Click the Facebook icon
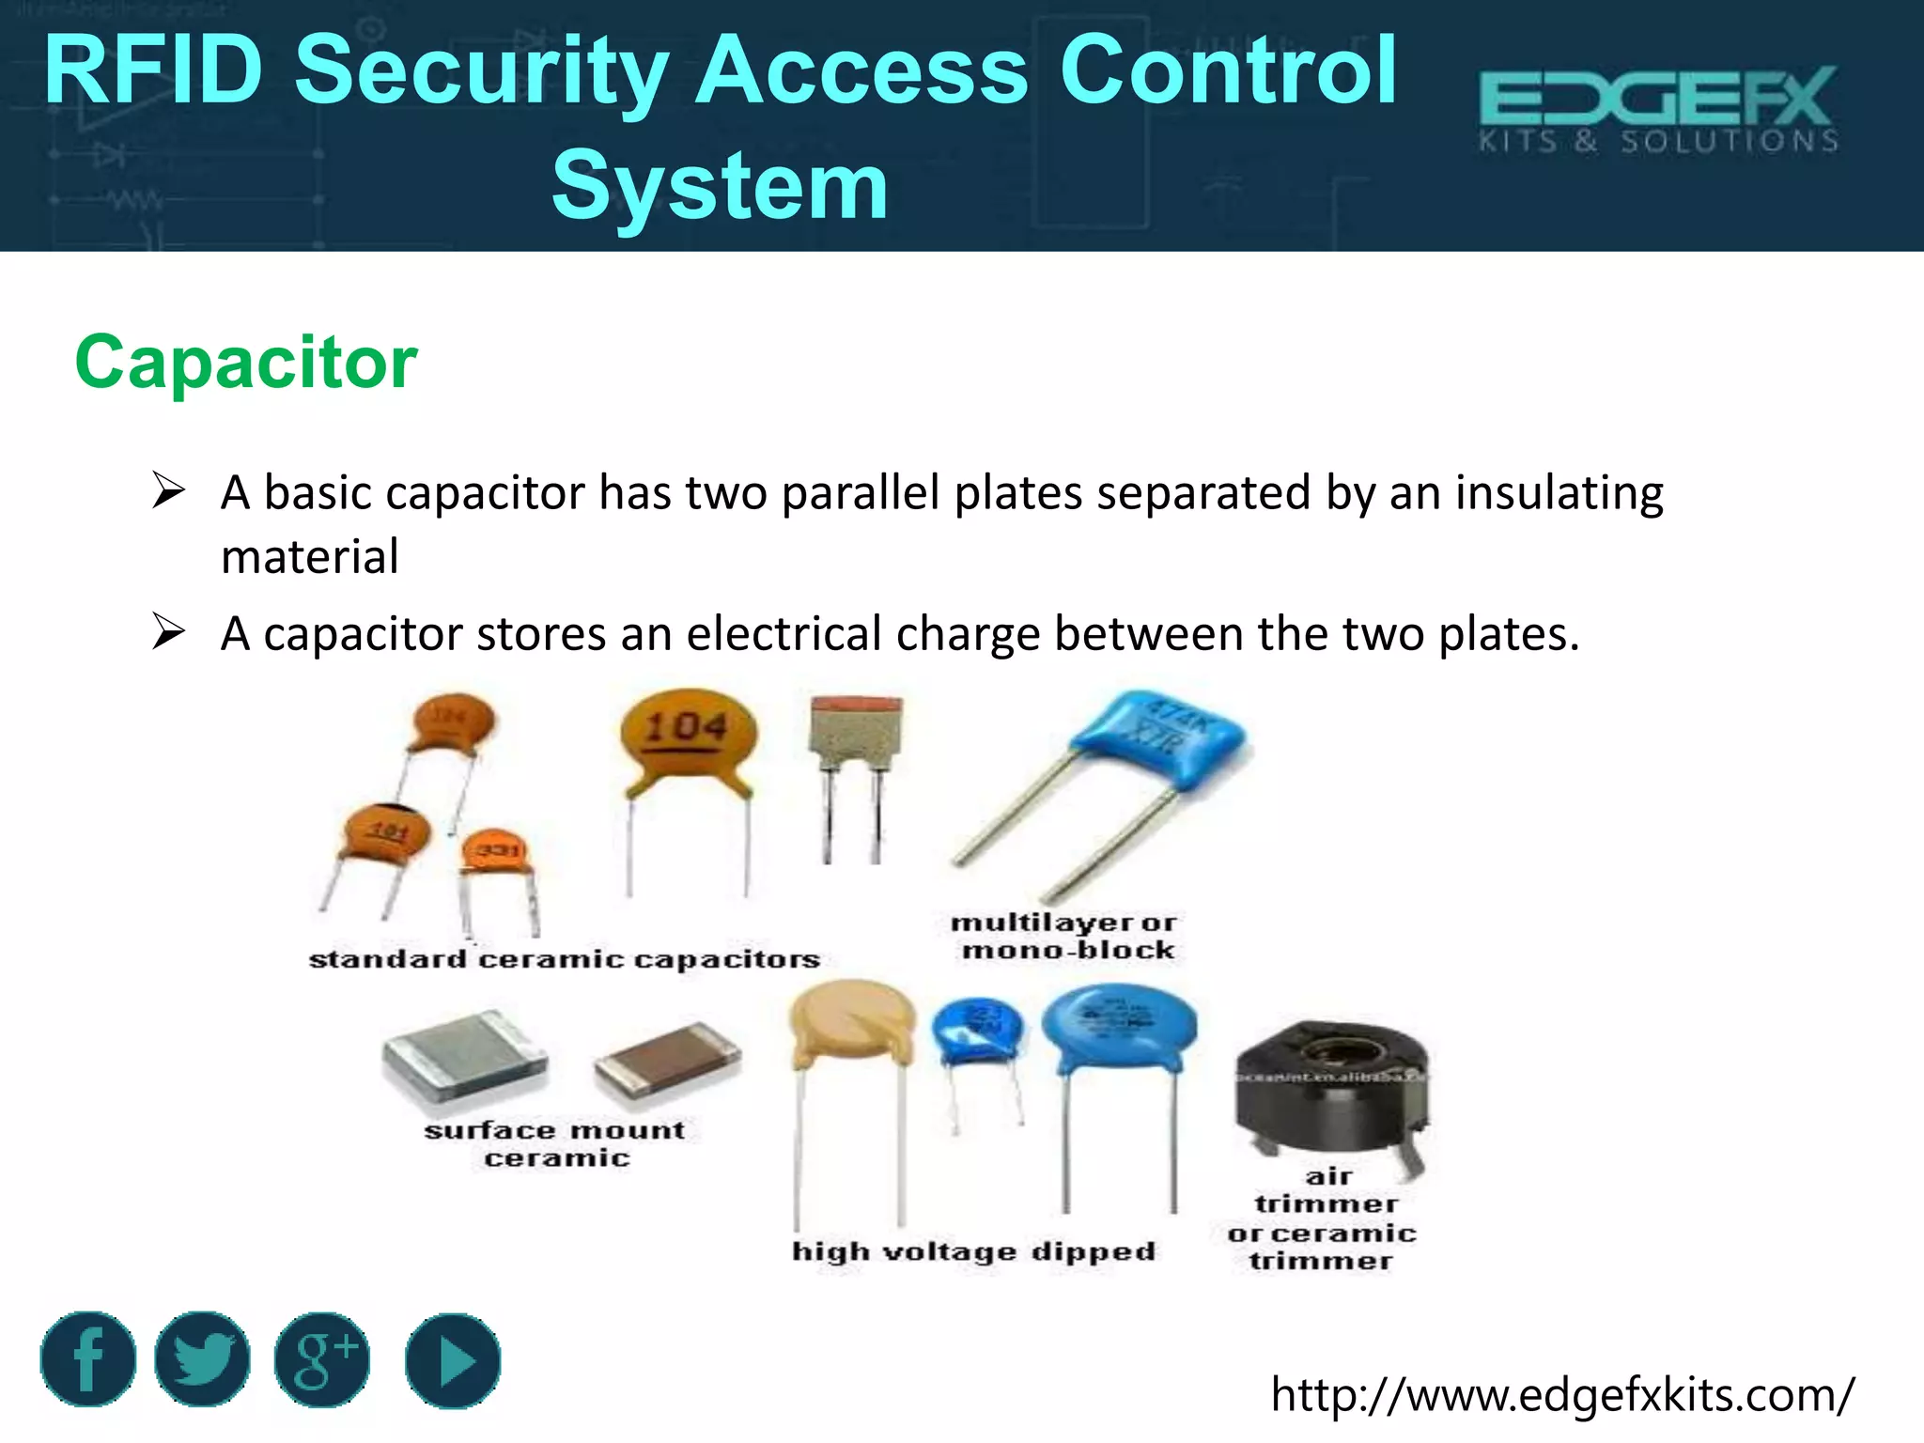point(87,1358)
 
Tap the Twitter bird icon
point(202,1358)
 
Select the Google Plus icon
point(321,1359)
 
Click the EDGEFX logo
point(1658,109)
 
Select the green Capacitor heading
point(246,362)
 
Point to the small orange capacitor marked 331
point(495,852)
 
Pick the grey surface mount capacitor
point(464,1056)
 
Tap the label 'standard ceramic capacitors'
point(565,959)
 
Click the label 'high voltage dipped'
point(973,1251)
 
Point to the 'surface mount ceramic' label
point(555,1143)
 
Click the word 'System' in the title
point(720,186)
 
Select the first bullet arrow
point(168,491)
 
